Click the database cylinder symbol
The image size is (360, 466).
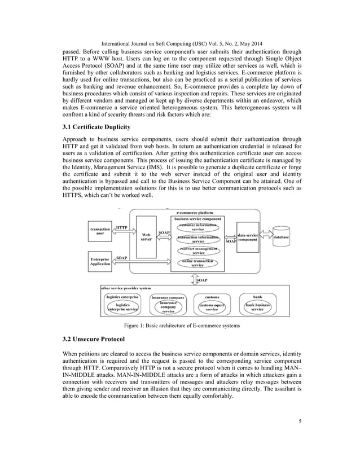(x=281, y=238)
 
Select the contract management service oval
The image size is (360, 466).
(x=197, y=251)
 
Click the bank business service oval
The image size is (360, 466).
(x=257, y=307)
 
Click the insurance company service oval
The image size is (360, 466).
(x=168, y=307)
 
